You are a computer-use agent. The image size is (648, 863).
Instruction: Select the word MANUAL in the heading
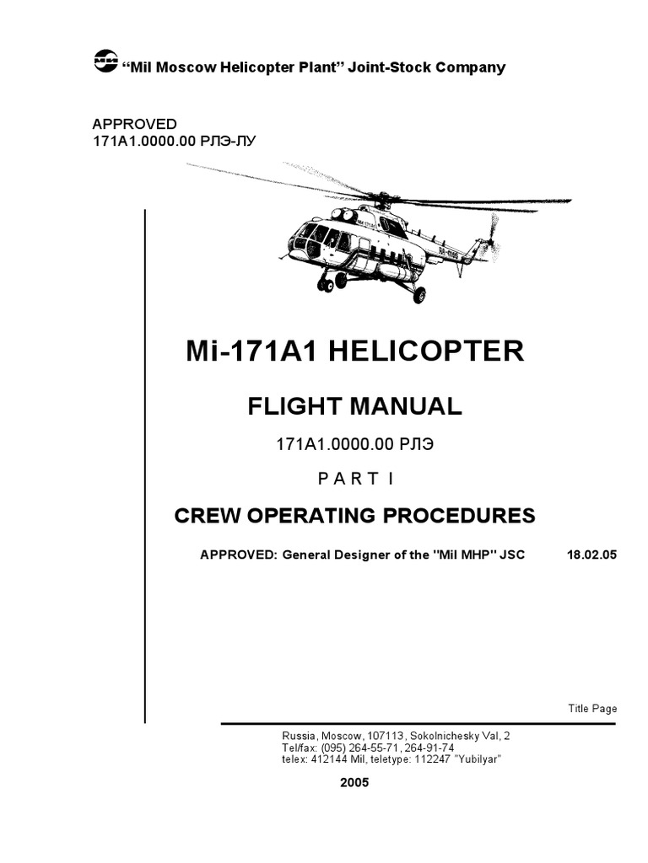[x=404, y=406]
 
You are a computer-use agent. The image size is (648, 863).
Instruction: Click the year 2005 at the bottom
[x=354, y=781]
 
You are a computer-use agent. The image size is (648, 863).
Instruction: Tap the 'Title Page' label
[x=591, y=708]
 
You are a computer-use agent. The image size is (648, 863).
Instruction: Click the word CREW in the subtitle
[x=203, y=515]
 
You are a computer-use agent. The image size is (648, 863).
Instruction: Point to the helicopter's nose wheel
[x=326, y=285]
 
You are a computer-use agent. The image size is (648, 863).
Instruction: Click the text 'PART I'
[x=354, y=479]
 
